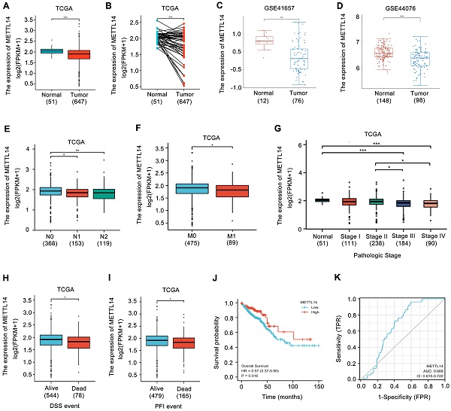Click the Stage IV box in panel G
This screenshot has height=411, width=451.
coord(431,203)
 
